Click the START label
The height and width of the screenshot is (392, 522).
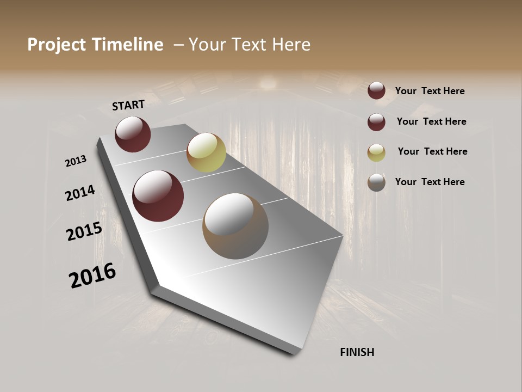tap(128, 105)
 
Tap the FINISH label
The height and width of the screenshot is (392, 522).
tap(357, 352)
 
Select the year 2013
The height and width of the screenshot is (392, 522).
tap(76, 161)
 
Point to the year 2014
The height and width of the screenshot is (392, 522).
tap(80, 193)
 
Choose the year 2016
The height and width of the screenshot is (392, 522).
tap(92, 275)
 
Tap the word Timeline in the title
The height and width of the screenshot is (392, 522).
tap(128, 45)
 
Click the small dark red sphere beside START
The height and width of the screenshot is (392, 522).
tap(133, 134)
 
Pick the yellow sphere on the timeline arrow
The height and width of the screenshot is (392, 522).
tap(206, 152)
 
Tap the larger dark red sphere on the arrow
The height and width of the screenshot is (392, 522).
tap(158, 196)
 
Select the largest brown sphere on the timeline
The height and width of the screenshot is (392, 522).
tap(235, 226)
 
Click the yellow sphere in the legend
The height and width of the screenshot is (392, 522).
tap(376, 152)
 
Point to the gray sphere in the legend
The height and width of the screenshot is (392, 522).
tap(376, 183)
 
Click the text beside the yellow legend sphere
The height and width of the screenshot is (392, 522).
tap(432, 151)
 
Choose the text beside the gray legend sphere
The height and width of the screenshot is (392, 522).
tap(430, 182)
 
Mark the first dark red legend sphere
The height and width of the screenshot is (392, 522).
tap(376, 91)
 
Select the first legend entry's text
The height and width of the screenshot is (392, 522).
tap(430, 91)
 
